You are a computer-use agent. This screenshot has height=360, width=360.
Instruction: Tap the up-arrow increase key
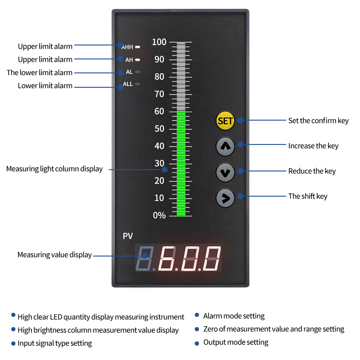(x=225, y=146)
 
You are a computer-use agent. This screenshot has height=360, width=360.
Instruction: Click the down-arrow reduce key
(x=225, y=172)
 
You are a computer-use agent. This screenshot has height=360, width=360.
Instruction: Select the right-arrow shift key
(x=225, y=197)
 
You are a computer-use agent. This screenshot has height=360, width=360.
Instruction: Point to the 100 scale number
(x=159, y=42)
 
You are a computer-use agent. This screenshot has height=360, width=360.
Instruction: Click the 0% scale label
(x=159, y=216)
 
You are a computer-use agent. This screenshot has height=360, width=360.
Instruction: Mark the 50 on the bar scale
(x=160, y=129)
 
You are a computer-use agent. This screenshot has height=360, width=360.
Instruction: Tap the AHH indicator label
(x=127, y=47)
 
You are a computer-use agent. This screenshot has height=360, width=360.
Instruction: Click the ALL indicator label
(x=128, y=84)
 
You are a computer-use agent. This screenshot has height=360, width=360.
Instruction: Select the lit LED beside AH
(x=138, y=59)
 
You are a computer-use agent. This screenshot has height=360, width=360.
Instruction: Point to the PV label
(x=128, y=236)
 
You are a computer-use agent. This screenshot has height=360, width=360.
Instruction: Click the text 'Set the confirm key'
(x=318, y=121)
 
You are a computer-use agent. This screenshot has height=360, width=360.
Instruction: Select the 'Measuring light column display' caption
(x=54, y=169)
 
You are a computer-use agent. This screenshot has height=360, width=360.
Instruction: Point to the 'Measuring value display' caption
(x=54, y=255)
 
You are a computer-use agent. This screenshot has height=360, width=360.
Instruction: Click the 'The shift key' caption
(x=308, y=196)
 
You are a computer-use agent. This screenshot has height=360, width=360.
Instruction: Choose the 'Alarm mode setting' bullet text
(x=234, y=316)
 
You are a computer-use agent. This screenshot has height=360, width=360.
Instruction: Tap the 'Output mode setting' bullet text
(x=236, y=342)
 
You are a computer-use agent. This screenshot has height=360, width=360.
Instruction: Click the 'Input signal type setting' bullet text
(x=55, y=343)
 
